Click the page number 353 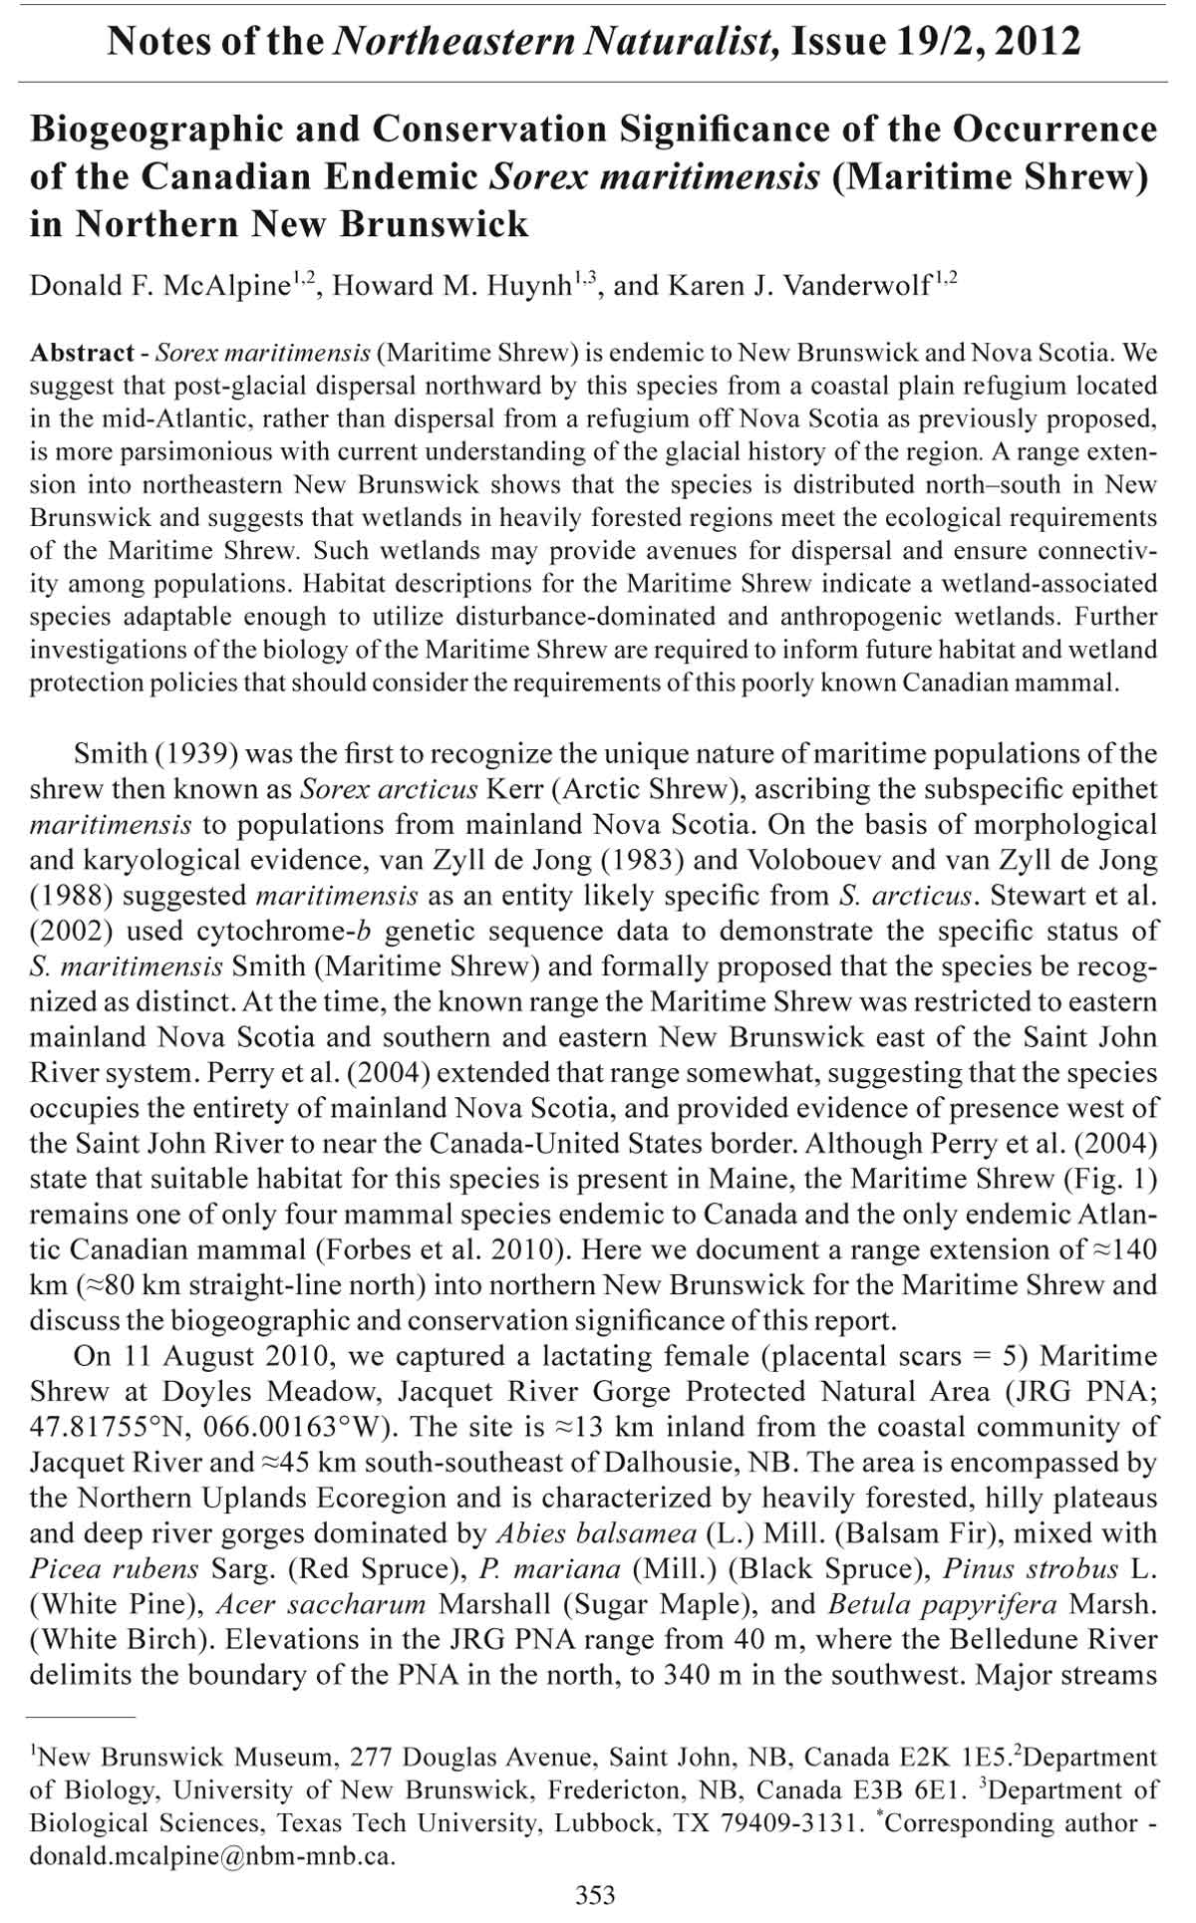[596, 1894]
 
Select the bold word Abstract [82, 353]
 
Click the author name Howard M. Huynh [450, 286]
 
